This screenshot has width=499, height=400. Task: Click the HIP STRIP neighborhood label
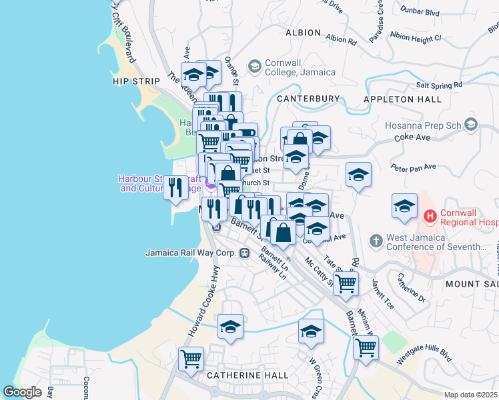(137, 81)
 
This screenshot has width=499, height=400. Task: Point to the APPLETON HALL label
(402, 99)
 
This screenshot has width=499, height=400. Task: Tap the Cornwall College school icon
(254, 66)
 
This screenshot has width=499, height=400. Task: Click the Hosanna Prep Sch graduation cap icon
(472, 125)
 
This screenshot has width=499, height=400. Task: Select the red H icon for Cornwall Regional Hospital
(430, 217)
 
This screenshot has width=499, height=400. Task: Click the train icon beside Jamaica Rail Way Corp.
(245, 253)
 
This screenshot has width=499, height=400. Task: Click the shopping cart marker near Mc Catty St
(346, 283)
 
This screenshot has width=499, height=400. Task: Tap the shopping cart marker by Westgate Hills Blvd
(365, 347)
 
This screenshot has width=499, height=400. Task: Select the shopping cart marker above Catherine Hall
(191, 358)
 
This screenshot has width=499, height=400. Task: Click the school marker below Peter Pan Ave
(358, 175)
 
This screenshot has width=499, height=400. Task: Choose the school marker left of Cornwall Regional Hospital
(404, 206)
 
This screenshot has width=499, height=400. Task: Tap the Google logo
(22, 392)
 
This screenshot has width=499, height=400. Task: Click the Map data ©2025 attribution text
(470, 395)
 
